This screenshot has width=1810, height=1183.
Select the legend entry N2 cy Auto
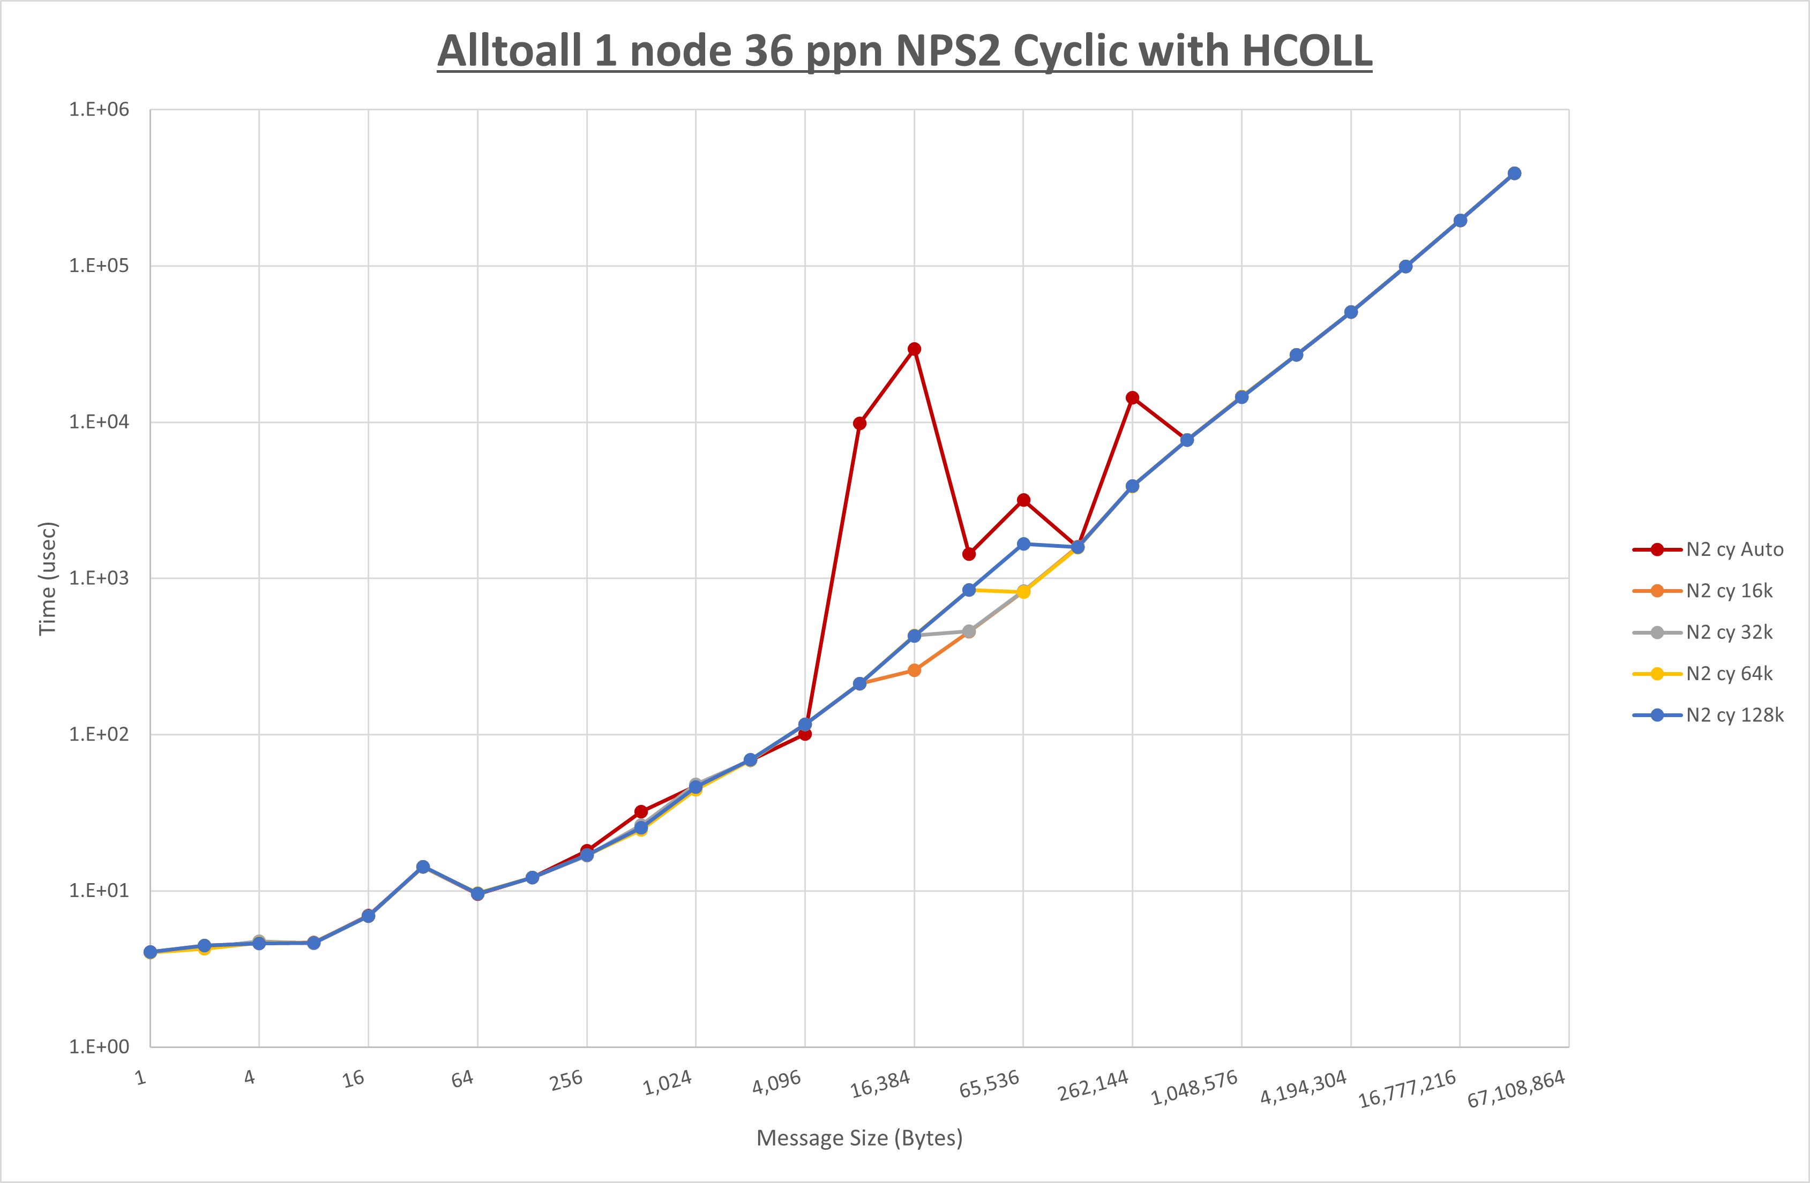[1734, 549]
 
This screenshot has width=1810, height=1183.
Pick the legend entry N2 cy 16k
[1729, 591]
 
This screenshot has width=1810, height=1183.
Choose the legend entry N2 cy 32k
[1729, 632]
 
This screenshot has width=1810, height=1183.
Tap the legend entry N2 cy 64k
[1729, 674]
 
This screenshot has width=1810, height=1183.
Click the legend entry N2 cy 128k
[1734, 715]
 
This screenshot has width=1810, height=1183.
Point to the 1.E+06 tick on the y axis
[99, 109]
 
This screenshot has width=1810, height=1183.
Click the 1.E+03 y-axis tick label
[99, 578]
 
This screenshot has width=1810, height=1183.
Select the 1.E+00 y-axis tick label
[99, 1047]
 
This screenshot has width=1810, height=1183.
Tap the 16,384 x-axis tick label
[880, 1084]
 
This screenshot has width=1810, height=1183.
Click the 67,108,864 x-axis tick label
[1516, 1089]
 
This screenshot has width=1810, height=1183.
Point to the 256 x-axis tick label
[566, 1080]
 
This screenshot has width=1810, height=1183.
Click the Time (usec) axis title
[47, 578]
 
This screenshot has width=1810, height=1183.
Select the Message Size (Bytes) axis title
[859, 1138]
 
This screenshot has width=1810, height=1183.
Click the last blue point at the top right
[1514, 174]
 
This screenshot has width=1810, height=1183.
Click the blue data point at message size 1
[150, 952]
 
